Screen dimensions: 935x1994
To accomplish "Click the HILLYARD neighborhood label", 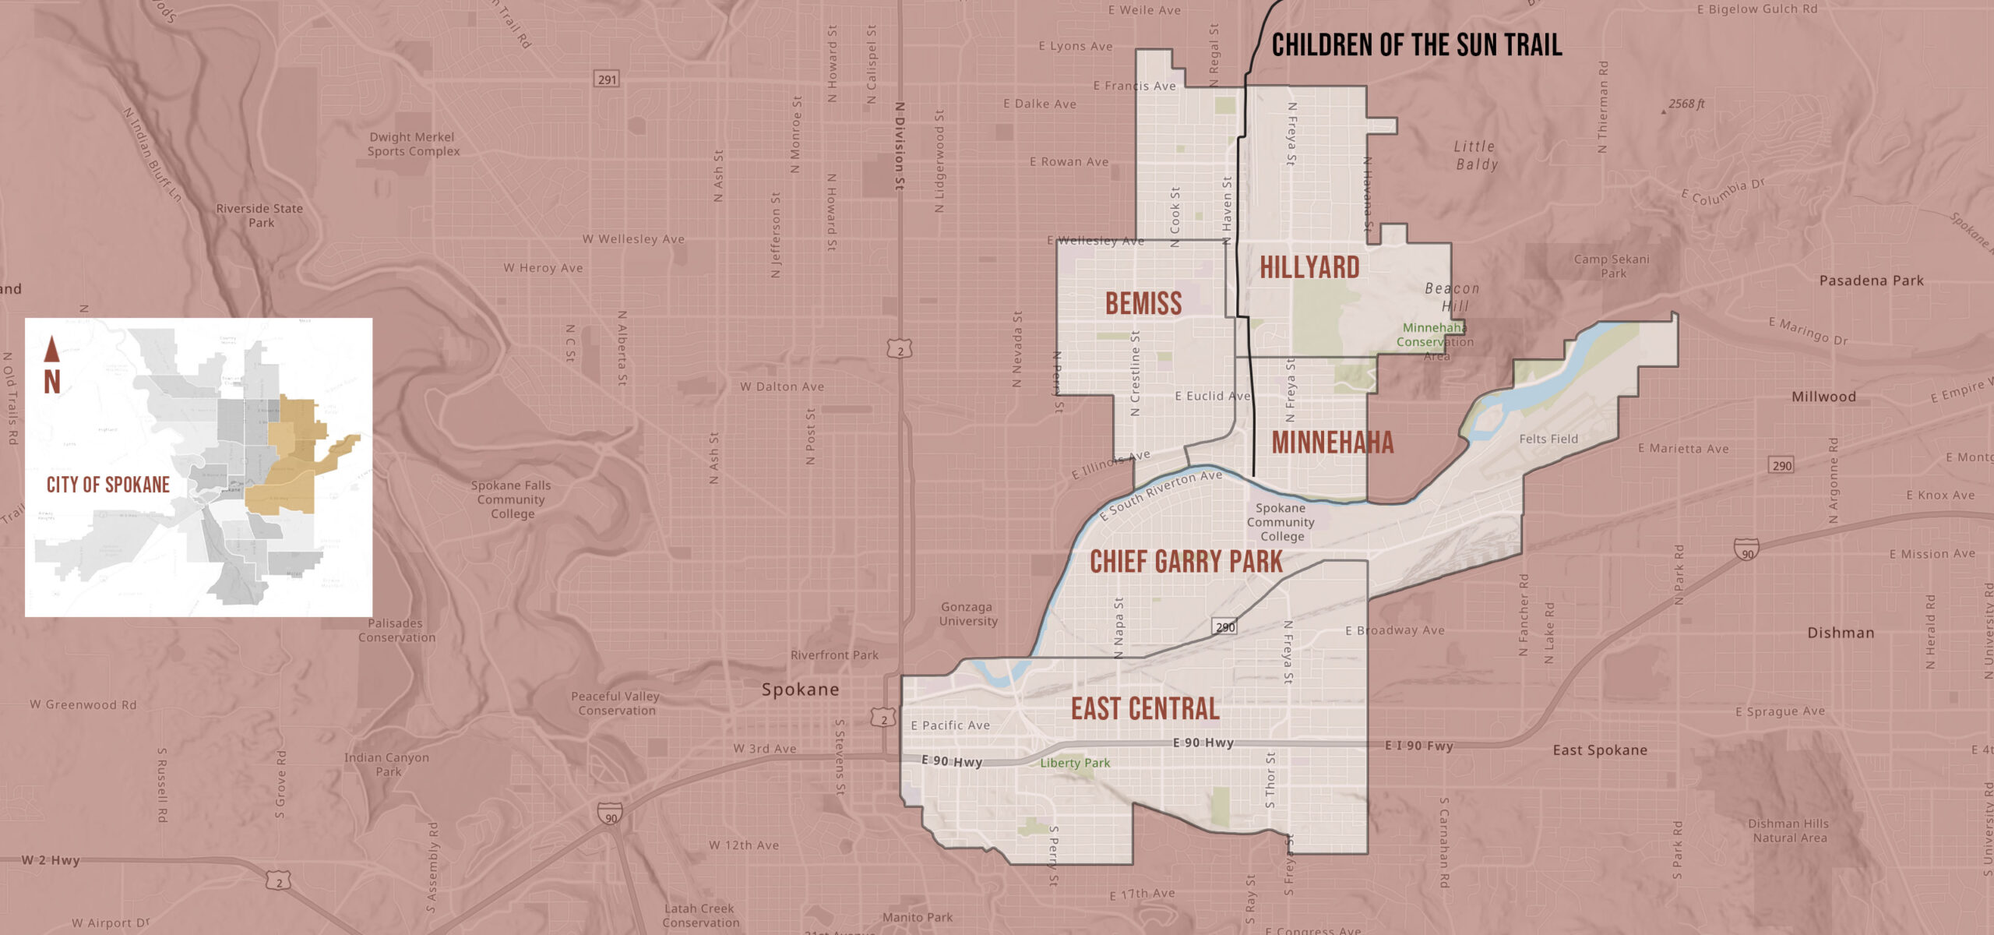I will [x=1309, y=268].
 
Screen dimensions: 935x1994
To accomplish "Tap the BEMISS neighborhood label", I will [x=1143, y=304].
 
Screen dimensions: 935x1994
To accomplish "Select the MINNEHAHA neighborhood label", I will [x=1332, y=443].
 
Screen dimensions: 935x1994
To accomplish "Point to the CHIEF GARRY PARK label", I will [x=1185, y=562].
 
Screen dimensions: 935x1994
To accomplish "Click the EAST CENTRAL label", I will [x=1145, y=709].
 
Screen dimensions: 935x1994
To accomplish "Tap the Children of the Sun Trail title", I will [x=1416, y=45].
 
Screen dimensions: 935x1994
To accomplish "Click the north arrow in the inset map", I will [x=51, y=350].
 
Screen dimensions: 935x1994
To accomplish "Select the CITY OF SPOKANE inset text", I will [x=108, y=485].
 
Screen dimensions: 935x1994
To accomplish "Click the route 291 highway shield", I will [x=607, y=79].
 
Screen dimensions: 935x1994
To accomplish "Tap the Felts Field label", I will [x=1548, y=439].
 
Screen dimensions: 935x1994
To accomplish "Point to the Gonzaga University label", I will [x=967, y=614].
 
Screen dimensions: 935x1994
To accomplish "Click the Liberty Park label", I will [x=1075, y=764].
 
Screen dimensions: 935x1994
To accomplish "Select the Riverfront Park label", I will [x=834, y=655].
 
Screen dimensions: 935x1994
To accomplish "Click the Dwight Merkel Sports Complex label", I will [x=413, y=144].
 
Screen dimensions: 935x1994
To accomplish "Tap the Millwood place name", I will [x=1823, y=397].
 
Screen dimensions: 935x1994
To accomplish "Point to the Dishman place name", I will [x=1841, y=633].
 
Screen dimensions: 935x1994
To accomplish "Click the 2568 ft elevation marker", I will [x=1686, y=104].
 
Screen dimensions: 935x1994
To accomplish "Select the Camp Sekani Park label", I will [x=1612, y=266].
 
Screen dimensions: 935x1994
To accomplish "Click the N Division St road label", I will [x=900, y=146].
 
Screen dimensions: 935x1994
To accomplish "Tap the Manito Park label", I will [x=917, y=918].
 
